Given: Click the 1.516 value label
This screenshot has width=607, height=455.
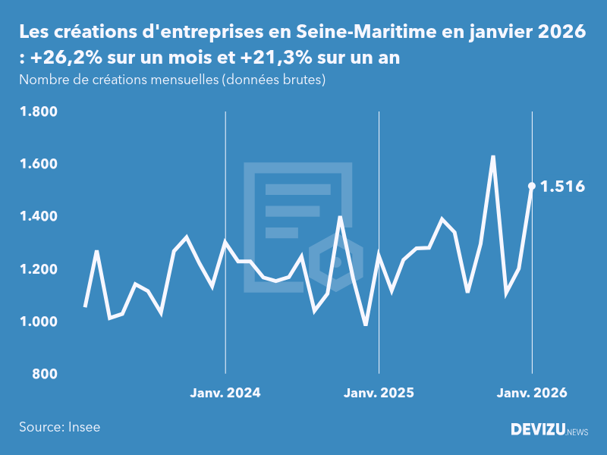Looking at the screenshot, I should click(x=562, y=186).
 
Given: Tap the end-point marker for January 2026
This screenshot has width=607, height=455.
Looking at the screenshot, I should click(x=532, y=186).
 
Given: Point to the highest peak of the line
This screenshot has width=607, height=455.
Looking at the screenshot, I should click(x=493, y=156).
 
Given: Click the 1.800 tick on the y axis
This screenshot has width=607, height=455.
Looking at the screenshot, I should click(x=39, y=112).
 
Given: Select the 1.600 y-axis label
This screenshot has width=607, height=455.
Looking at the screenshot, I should click(x=39, y=165).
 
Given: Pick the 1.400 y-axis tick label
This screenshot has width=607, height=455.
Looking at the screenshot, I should click(x=39, y=217).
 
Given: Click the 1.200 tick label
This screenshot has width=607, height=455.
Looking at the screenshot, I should click(x=39, y=270).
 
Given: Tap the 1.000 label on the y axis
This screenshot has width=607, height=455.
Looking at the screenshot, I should click(x=39, y=322).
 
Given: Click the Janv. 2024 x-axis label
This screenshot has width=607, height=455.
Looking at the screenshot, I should click(x=225, y=393).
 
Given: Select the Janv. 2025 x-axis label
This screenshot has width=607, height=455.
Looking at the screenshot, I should click(x=379, y=393).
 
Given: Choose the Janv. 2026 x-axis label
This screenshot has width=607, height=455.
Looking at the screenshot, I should click(x=532, y=393).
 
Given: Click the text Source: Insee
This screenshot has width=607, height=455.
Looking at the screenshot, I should click(x=60, y=427).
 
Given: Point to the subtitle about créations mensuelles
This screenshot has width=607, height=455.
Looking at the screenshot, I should click(x=172, y=79).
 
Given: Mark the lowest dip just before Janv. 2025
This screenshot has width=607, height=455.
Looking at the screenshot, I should click(x=366, y=325).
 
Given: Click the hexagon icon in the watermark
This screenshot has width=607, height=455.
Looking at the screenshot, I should click(x=335, y=260).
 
